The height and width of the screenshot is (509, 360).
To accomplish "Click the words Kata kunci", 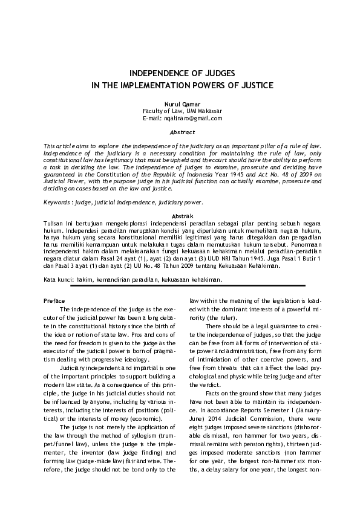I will [59, 280].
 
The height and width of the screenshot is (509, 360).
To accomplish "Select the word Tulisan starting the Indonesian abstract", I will [54, 222].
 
